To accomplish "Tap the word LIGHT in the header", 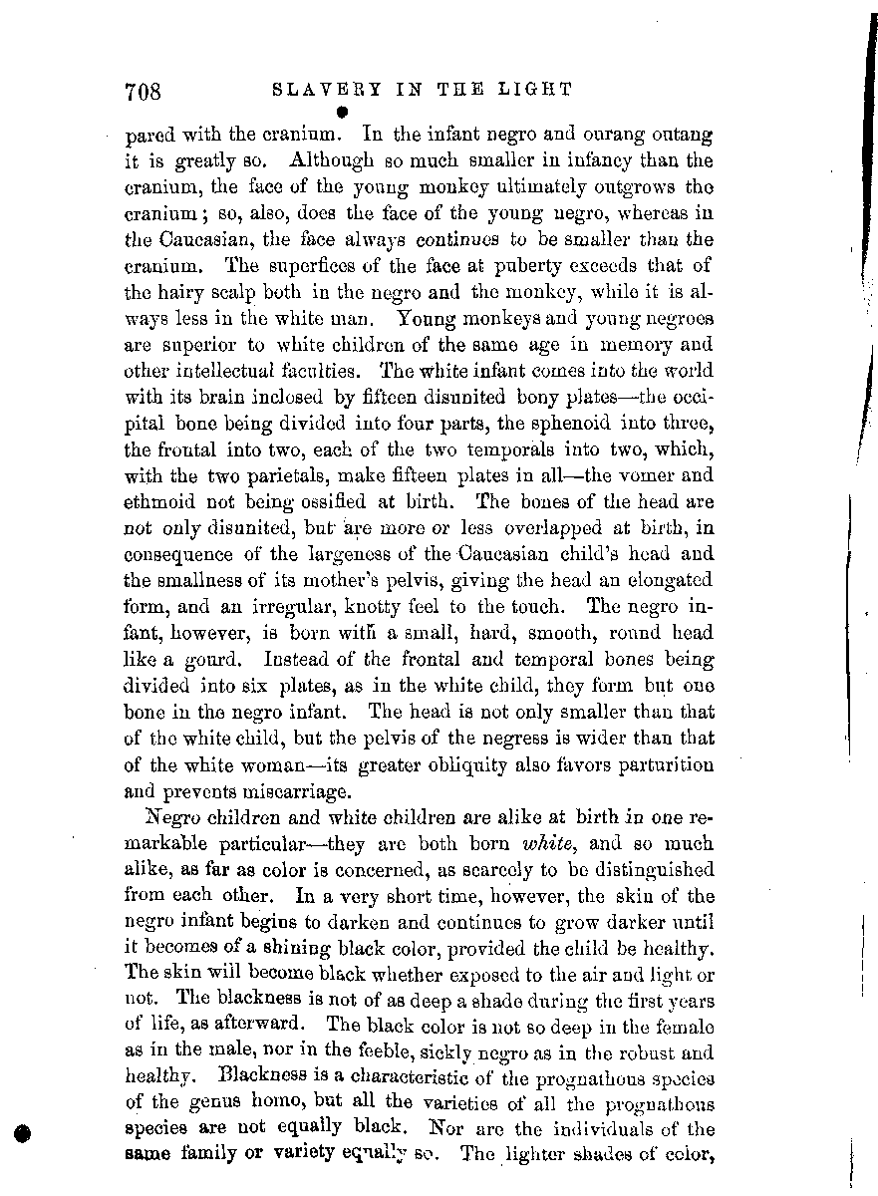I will (538, 90).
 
